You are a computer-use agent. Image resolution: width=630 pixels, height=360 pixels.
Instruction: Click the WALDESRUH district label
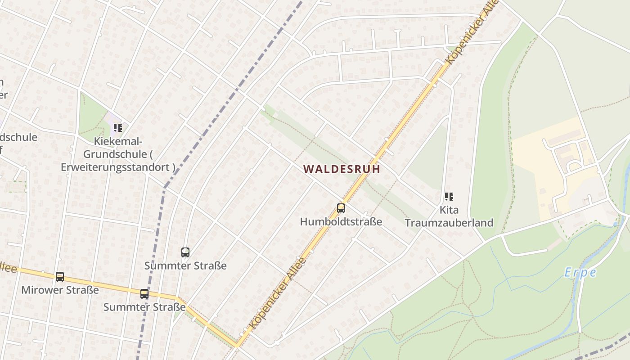pos(342,169)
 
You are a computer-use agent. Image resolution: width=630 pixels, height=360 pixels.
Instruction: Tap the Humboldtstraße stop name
pos(341,221)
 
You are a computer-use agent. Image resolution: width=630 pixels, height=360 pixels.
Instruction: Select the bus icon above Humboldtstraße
pos(341,208)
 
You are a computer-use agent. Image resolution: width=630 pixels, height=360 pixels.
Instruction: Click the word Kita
pos(449,210)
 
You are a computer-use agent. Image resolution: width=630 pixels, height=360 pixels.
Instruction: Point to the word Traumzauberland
pos(449,222)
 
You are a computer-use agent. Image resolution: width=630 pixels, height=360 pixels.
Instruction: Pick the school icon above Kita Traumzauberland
pos(449,196)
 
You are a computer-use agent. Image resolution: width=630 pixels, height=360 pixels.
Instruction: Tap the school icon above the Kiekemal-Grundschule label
pos(117,128)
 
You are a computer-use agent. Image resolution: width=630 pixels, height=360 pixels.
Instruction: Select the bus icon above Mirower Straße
pos(59,277)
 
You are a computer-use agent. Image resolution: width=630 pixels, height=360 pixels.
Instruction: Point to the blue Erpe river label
pos(580,273)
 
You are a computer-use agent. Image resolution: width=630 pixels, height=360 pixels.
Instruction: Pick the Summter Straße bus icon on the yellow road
pos(144,294)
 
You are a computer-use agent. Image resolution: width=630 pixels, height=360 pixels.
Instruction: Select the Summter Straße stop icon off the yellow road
pos(185,252)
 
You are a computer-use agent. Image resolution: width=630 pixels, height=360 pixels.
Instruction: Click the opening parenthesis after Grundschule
pos(151,154)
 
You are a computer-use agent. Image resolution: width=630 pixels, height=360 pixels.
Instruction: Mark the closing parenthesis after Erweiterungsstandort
pos(173,167)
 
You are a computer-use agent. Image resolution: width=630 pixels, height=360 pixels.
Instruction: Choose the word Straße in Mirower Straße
pos(82,290)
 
